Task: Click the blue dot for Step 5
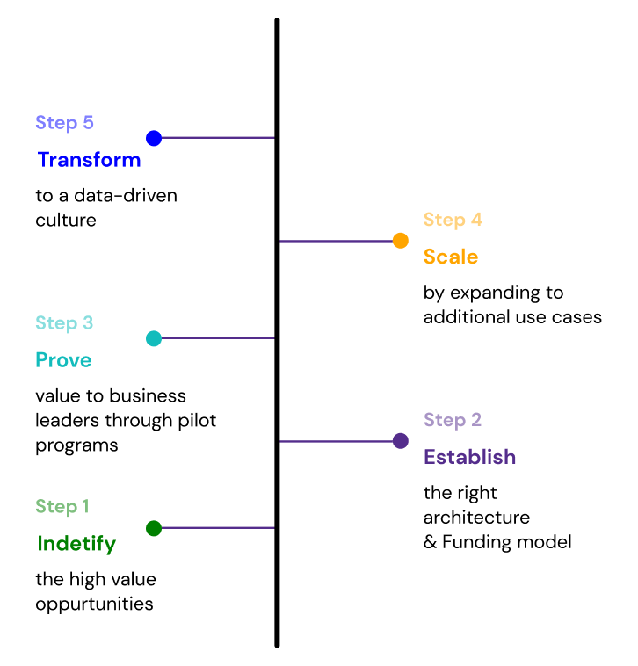[x=154, y=138]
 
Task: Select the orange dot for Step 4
[x=401, y=241]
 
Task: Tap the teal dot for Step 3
[x=154, y=338]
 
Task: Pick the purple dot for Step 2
[x=401, y=441]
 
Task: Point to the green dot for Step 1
[x=154, y=528]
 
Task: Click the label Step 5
[x=64, y=123]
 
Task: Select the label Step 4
[x=453, y=220]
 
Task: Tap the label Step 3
[x=64, y=323]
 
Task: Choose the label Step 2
[x=453, y=420]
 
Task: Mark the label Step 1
[x=62, y=507]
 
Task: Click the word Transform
[x=89, y=160]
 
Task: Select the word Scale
[x=451, y=257]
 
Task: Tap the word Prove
[x=63, y=360]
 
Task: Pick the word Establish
[x=470, y=457]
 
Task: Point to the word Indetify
[x=76, y=544]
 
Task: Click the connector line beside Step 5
[x=218, y=138]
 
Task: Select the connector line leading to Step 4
[x=336, y=241]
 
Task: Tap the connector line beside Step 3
[x=218, y=338]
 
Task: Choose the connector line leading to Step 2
[x=336, y=441]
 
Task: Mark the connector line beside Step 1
[x=218, y=528]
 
